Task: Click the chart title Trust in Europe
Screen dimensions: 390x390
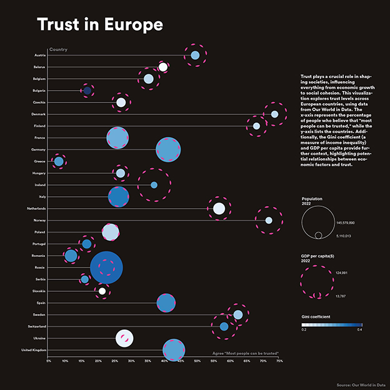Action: pos(99,24)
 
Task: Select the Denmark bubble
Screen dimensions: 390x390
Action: pos(274,114)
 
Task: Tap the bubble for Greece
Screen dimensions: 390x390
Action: pos(59,162)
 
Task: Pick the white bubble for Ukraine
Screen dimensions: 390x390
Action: pos(124,338)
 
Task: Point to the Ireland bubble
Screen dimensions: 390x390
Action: pos(154,185)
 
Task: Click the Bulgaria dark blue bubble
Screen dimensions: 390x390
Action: pos(87,91)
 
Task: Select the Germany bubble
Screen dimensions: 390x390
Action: pos(167,150)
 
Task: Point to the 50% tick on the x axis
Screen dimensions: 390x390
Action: pos(197,361)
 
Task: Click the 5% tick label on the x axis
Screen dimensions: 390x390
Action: pos(48,361)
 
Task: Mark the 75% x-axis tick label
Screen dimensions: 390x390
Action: pos(279,361)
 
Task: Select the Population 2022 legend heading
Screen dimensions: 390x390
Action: pos(312,201)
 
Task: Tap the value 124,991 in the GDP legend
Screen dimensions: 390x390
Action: pos(344,272)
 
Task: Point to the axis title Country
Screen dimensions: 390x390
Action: pos(58,49)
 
